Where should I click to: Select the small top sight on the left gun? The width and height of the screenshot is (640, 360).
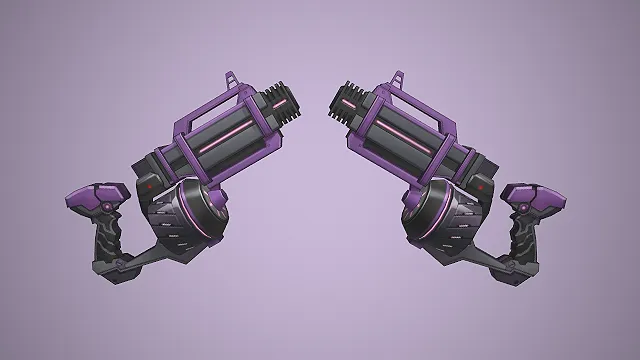pos(232,79)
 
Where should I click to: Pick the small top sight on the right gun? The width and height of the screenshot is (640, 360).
pos(400,79)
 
